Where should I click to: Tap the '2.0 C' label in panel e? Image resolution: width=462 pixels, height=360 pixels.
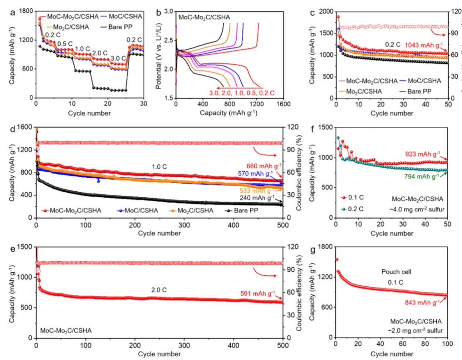click(x=158, y=290)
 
